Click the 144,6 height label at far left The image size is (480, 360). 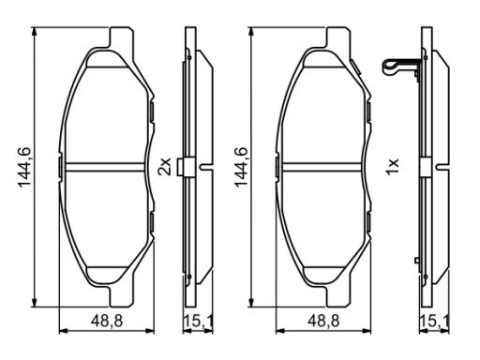[x=24, y=167]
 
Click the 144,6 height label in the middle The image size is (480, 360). [x=241, y=167]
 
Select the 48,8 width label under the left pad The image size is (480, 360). [x=107, y=322]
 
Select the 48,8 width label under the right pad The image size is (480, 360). [x=323, y=322]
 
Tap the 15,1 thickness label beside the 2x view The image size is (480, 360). [x=198, y=322]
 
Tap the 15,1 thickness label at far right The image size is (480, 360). [x=434, y=322]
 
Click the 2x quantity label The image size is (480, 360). [x=165, y=166]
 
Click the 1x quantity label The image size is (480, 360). [x=392, y=166]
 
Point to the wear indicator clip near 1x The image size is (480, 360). [x=401, y=67]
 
